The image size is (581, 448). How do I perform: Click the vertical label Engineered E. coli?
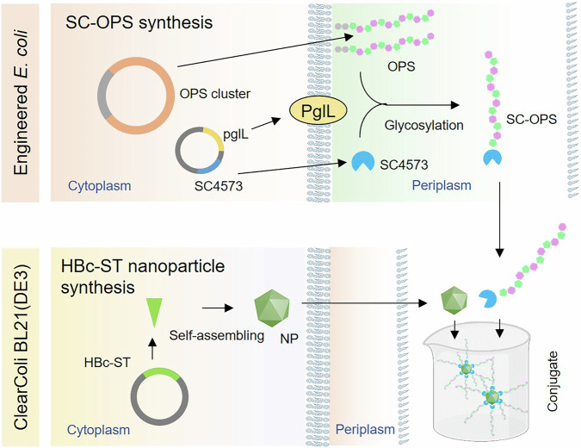pos(25,99)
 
